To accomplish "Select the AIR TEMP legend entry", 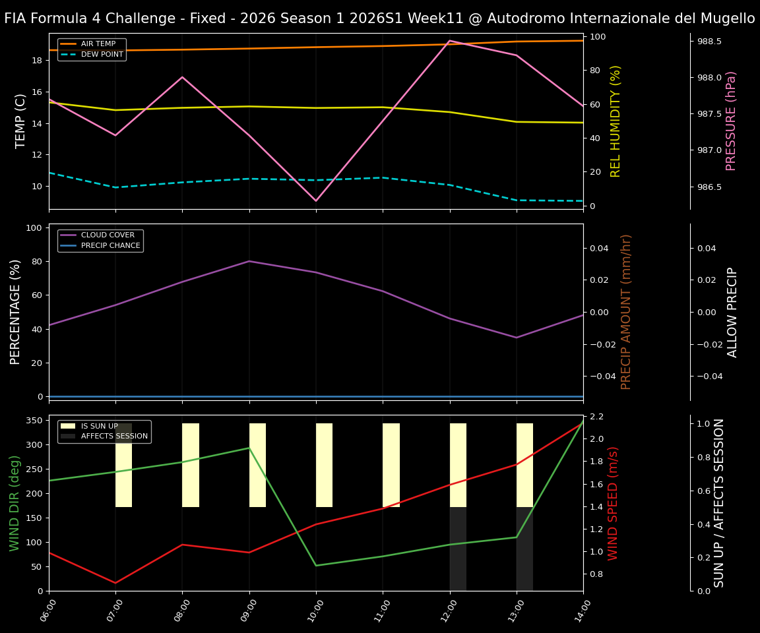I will (x=98, y=44).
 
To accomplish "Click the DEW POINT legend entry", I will (x=102, y=54).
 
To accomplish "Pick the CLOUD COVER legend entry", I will (x=108, y=235).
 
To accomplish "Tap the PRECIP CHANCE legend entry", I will (x=110, y=245).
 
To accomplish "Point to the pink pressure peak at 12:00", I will (x=449, y=41).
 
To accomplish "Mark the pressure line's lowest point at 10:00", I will (x=316, y=200).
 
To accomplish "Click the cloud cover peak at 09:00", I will (x=249, y=261).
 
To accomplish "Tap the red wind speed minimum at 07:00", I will (x=115, y=583).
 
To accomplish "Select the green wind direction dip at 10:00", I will (x=316, y=565).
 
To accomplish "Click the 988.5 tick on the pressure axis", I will (x=709, y=42).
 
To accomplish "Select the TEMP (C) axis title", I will (x=20, y=121).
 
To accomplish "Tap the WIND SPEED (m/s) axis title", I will (x=613, y=502).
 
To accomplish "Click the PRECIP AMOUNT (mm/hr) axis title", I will (x=626, y=311).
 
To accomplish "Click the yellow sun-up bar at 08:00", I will (x=191, y=465).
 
